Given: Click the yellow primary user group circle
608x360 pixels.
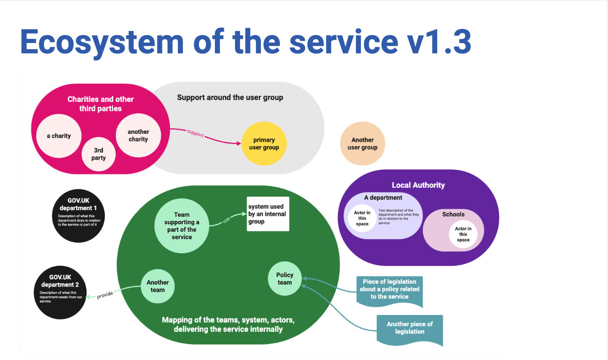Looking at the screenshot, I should tap(264, 144).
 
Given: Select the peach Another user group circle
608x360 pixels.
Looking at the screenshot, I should tap(362, 144).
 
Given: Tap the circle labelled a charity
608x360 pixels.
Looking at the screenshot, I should tap(59, 136).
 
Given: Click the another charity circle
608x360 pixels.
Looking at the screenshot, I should tap(138, 135).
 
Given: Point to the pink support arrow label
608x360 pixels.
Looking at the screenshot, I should tap(195, 133).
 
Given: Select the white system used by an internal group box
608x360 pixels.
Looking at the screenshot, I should tap(268, 214).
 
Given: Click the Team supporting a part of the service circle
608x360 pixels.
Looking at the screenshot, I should tap(182, 226).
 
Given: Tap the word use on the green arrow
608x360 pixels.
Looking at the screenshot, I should tap(227, 219).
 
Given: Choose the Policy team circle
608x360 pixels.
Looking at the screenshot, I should tap(285, 279).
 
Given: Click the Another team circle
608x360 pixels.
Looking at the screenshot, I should tap(158, 286).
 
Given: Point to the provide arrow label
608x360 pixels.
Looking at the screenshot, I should tap(105, 295).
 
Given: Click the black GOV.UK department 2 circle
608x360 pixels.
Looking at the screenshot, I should tap(60, 293).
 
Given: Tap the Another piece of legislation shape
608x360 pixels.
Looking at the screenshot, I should tap(410, 329).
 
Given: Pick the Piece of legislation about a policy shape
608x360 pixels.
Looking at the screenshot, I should tap(389, 290).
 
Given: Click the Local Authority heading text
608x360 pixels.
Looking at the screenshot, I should tap(418, 185).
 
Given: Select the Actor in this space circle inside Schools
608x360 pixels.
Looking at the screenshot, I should tap(463, 234).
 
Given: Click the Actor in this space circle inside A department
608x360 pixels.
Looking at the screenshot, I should tap(362, 218).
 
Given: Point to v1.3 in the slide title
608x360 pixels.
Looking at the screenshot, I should tap(435, 42).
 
